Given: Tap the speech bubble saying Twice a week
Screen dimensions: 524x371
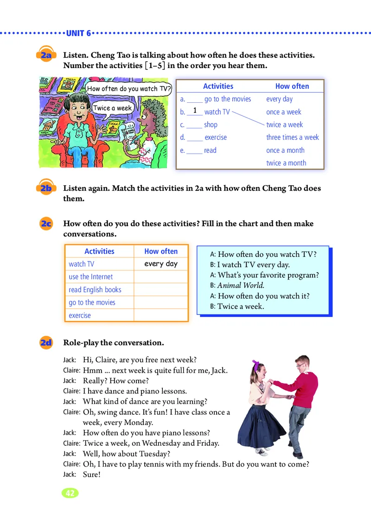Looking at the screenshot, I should coord(113,108).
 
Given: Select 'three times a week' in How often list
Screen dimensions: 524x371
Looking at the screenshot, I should coord(292,137).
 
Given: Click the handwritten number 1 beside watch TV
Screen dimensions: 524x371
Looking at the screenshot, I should coord(195,111).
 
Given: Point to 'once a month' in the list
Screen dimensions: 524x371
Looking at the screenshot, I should coord(285,150).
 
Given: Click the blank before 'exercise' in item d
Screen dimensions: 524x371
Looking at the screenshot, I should coord(195,138).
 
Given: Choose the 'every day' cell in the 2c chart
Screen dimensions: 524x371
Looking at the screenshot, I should coord(161,264).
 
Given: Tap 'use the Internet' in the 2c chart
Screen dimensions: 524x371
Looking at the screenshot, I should coord(91,277).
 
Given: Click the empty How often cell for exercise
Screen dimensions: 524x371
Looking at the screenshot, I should coord(161,315).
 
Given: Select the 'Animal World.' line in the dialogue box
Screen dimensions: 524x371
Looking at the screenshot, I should coord(241,286).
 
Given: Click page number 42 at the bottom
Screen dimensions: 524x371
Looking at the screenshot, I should coord(70,493).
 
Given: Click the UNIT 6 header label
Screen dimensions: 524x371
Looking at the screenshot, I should coord(79,33).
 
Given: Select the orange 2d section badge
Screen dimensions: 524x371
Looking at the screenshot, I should coord(45,343).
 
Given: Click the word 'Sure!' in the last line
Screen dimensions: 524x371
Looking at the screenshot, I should coord(91,474).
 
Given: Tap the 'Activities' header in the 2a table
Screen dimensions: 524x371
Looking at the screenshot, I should coord(218,86).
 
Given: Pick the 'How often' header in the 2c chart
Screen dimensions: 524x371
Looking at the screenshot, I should coord(161,251).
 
